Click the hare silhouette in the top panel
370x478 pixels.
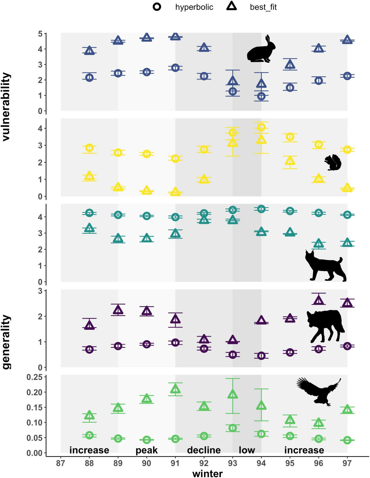[261, 51]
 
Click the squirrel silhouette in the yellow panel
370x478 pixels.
[333, 163]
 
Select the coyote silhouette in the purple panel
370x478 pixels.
[325, 325]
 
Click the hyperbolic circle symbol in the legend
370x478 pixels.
[157, 7]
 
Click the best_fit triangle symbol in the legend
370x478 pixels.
[232, 7]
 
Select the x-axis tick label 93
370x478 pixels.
[232, 463]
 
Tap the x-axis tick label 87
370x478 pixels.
[61, 463]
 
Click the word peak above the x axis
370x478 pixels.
[147, 450]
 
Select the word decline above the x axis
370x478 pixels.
[204, 450]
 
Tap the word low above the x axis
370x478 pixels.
[247, 450]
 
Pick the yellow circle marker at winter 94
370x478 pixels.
[261, 127]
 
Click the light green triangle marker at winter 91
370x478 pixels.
[175, 389]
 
